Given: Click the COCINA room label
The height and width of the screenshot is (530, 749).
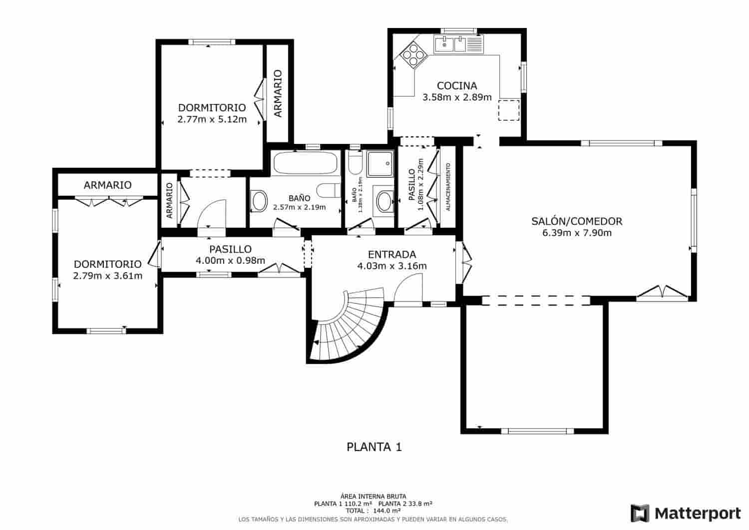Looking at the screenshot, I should click(x=457, y=86).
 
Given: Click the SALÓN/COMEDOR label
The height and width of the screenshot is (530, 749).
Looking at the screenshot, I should click(x=577, y=221).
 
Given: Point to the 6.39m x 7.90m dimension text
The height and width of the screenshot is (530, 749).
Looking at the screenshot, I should click(x=577, y=233).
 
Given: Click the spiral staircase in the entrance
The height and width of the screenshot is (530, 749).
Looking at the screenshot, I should click(x=350, y=327).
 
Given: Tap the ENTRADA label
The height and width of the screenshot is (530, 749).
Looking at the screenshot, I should click(x=391, y=255).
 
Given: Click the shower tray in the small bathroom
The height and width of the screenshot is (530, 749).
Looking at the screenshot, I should click(x=380, y=164).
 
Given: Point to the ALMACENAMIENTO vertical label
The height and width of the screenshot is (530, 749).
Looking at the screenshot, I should click(x=448, y=187).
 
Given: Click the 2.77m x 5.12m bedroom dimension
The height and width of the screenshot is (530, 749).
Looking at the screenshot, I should click(x=212, y=119).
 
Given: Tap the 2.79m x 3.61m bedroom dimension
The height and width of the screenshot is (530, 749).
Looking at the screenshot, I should click(x=108, y=276).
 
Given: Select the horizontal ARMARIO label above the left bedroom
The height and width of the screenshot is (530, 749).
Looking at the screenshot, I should click(x=108, y=185).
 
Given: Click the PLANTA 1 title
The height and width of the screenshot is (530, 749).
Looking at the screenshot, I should click(x=374, y=447).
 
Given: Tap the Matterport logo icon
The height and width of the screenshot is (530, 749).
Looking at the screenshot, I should click(x=640, y=514).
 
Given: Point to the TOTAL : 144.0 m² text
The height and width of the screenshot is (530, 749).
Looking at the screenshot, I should click(x=373, y=511).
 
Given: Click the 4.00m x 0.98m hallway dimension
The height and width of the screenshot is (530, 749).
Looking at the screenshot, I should click(x=230, y=260).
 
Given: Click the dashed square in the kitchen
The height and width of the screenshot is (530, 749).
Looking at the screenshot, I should click(x=509, y=110).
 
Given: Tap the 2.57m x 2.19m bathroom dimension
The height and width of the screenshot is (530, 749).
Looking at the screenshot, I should click(x=299, y=207).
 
